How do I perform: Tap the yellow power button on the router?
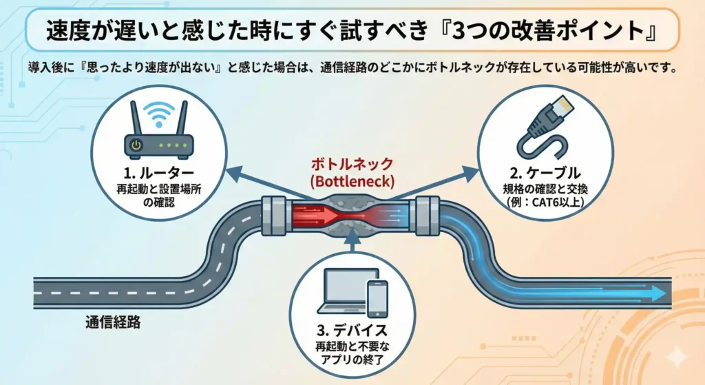coord(136,145)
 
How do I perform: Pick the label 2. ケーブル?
coord(545,173)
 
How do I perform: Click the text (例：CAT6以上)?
coord(545,202)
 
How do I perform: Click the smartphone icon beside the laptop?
coord(377,299)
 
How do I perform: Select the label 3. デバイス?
coord(352,331)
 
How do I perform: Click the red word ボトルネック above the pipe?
coord(352,164)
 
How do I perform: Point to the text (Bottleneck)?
coord(352,181)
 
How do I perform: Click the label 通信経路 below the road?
coord(113,322)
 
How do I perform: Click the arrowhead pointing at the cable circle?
coord(471,174)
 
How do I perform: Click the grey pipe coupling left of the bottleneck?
coord(274,216)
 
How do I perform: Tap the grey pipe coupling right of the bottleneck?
coord(428,216)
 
